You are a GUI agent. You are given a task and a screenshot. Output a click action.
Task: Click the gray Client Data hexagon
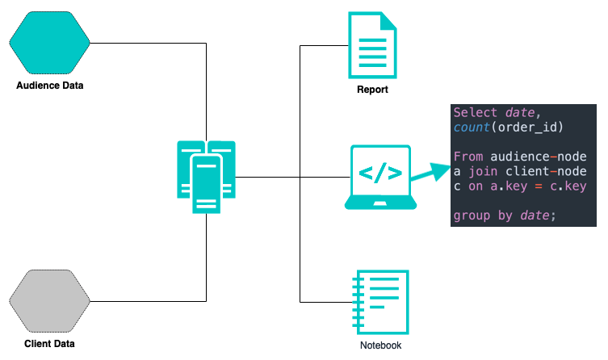pyautogui.click(x=49, y=300)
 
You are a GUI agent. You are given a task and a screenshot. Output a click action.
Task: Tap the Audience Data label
pyautogui.click(x=50, y=86)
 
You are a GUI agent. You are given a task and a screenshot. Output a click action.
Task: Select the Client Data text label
pyautogui.click(x=50, y=344)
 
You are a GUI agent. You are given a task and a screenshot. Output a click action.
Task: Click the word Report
pyautogui.click(x=372, y=90)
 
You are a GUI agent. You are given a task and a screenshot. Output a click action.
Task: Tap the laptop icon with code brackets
pyautogui.click(x=379, y=177)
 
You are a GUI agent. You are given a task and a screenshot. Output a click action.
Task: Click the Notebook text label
pyautogui.click(x=380, y=345)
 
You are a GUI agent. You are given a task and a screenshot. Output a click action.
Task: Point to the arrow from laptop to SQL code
pyautogui.click(x=429, y=172)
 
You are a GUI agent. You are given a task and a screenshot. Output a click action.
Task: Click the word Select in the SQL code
pyautogui.click(x=475, y=112)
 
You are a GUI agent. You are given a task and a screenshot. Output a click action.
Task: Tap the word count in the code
pyautogui.click(x=472, y=128)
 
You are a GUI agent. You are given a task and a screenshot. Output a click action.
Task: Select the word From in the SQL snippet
pyautogui.click(x=468, y=157)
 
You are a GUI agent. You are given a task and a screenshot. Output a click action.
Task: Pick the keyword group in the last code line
pyautogui.click(x=472, y=216)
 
